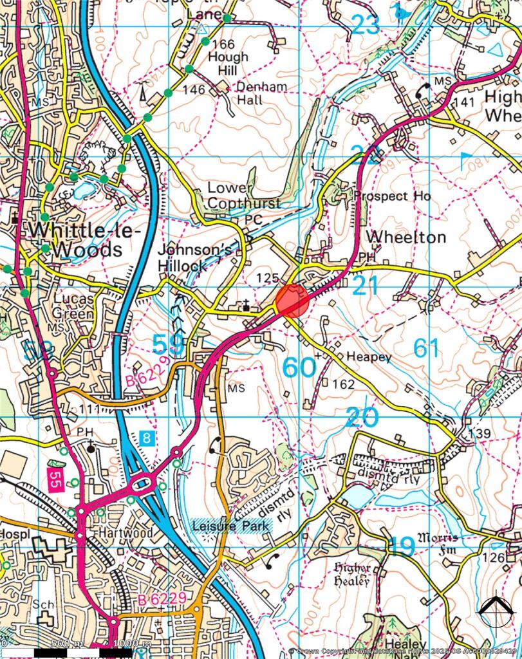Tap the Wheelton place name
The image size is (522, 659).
coord(405,237)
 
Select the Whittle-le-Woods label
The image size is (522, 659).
coord(75,239)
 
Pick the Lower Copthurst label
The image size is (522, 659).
coord(243,195)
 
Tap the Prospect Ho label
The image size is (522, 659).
coord(390,196)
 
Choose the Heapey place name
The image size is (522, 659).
coord(369,357)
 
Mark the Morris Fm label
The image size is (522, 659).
coord(438,542)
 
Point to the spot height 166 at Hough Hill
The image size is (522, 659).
coord(223,44)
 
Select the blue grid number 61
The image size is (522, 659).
coord(426,348)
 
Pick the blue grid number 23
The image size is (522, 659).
coord(366,24)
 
